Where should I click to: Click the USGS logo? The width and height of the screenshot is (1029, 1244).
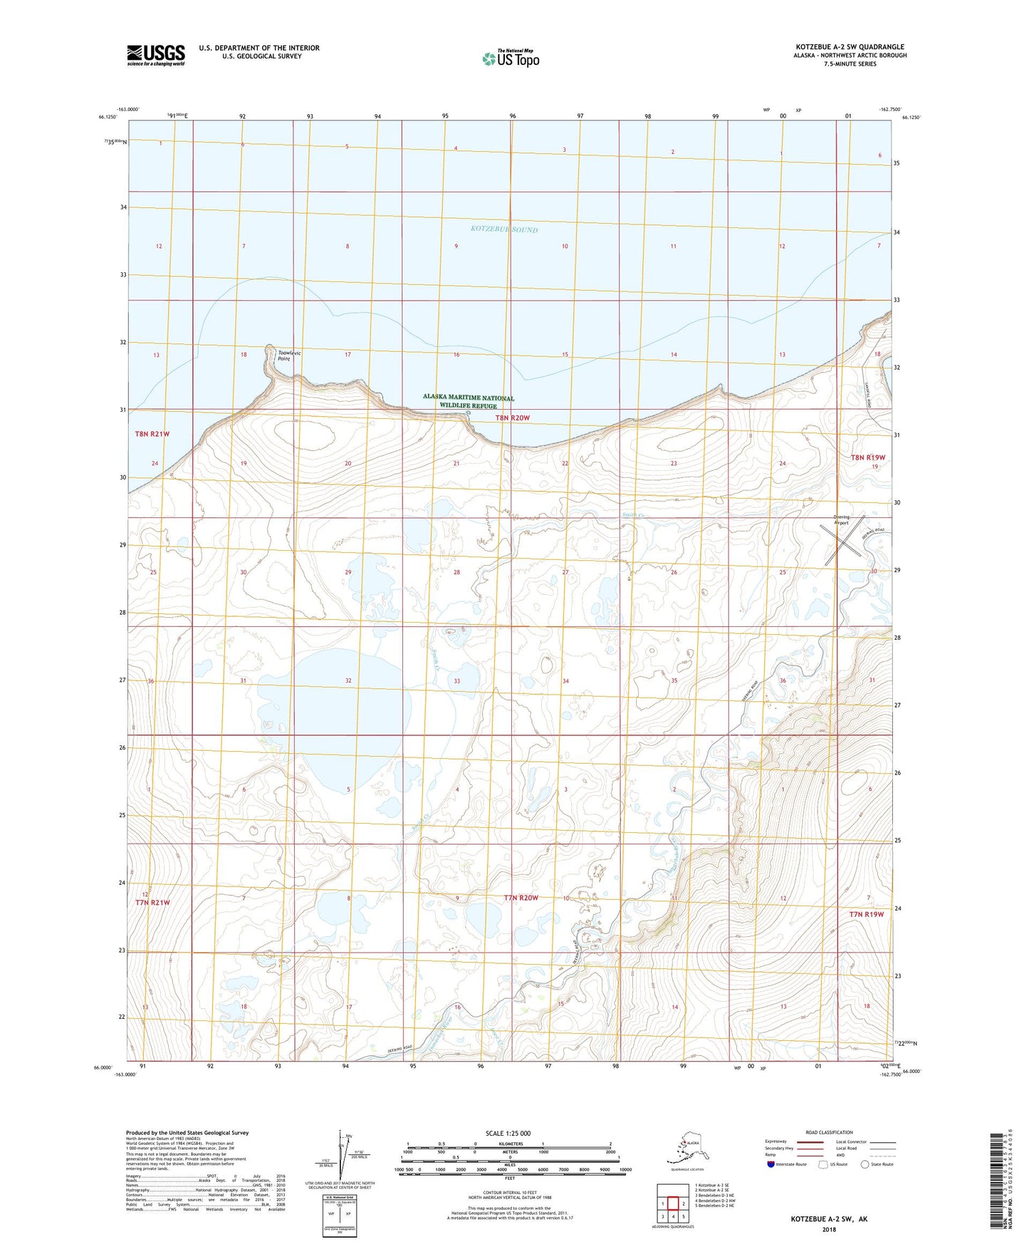[x=155, y=55]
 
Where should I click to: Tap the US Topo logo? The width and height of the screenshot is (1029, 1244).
[x=510, y=58]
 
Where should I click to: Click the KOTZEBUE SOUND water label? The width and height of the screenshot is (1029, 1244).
[x=504, y=229]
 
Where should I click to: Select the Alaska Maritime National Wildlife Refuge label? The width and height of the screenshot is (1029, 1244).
[x=468, y=401]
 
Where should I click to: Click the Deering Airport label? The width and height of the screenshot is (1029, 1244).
[x=842, y=520]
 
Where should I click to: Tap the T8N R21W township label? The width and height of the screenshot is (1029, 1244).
[x=152, y=434]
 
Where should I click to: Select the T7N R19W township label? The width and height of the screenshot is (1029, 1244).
[x=866, y=914]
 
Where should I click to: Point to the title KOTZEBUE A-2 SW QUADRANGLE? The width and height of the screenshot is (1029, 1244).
[x=844, y=47]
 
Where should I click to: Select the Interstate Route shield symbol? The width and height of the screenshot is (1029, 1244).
[x=771, y=1164]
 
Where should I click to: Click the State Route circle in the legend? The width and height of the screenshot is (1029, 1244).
[x=865, y=1164]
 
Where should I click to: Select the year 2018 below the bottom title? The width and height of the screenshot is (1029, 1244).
[x=829, y=1230]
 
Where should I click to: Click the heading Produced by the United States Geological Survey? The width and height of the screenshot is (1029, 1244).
[x=187, y=1132]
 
